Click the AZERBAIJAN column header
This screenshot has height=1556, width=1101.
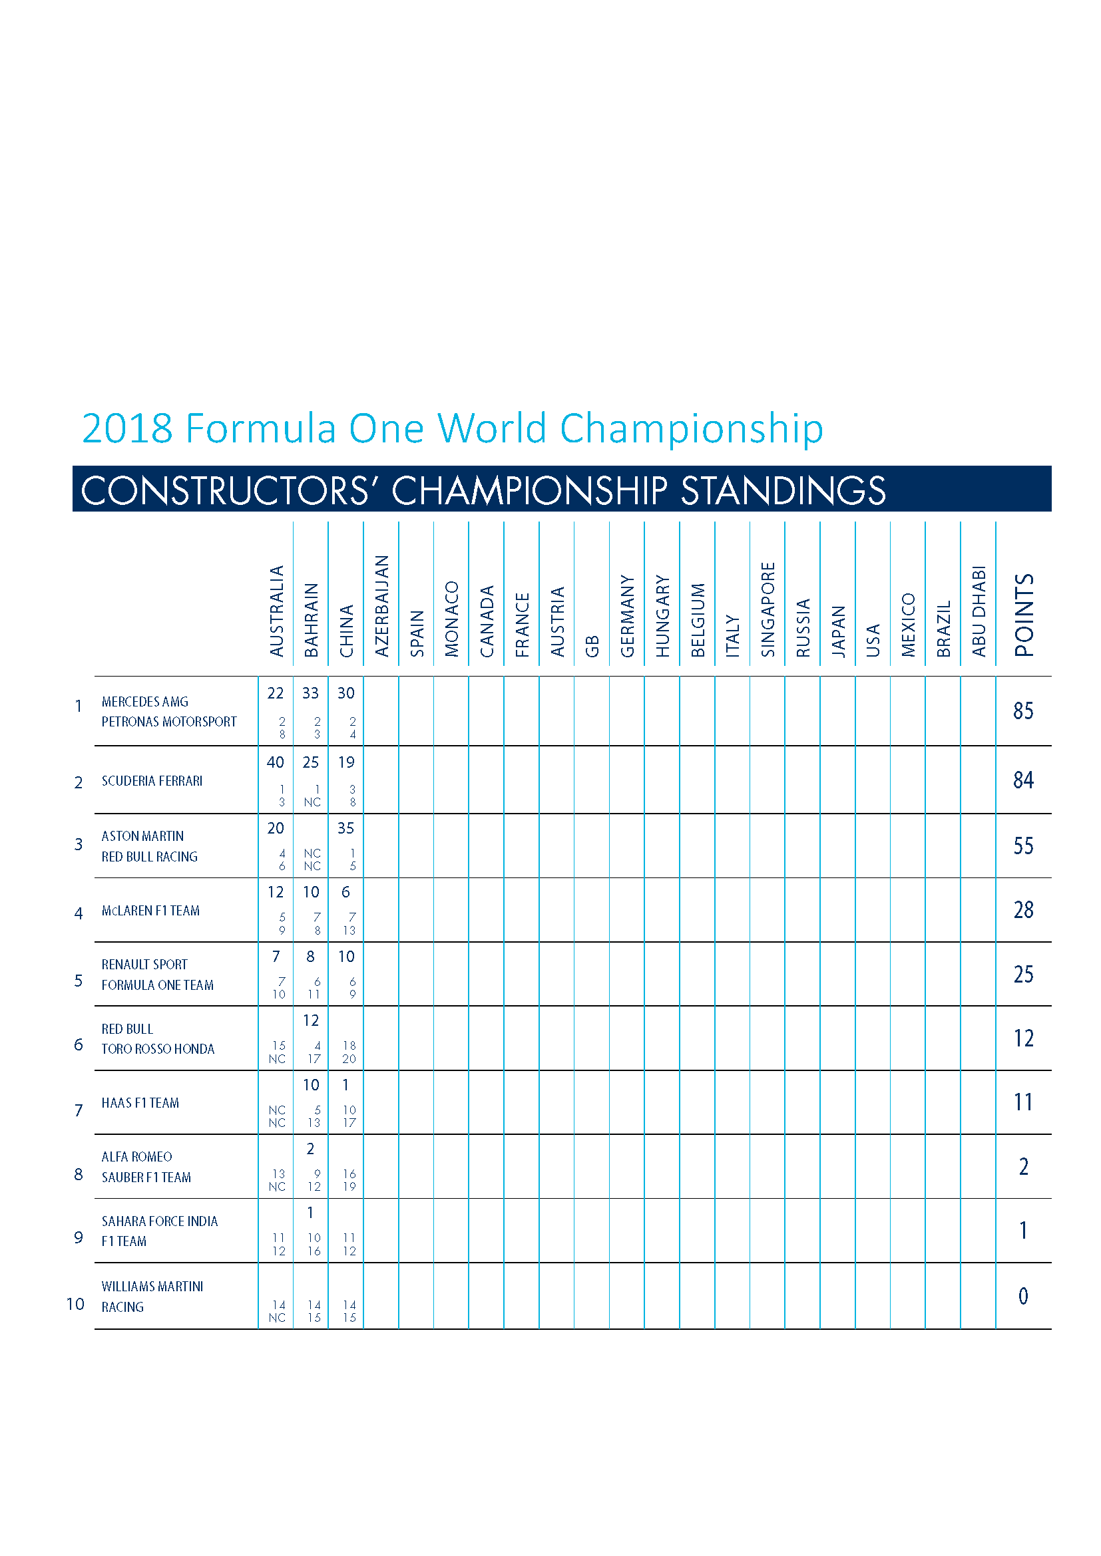[x=381, y=606]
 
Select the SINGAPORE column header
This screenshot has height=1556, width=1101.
[x=768, y=609]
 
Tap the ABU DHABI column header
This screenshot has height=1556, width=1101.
[x=979, y=611]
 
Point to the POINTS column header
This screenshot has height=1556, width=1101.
[x=1024, y=615]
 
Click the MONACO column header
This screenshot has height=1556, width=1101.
[x=451, y=619]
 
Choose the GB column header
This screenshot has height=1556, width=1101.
[x=592, y=647]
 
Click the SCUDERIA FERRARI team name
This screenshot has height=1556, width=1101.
[x=152, y=781]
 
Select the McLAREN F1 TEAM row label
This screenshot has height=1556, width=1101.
[x=150, y=910]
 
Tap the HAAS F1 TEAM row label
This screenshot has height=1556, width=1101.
[x=140, y=1102]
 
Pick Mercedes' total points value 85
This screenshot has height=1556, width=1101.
[x=1023, y=710]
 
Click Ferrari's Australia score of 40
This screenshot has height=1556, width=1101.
[x=276, y=762]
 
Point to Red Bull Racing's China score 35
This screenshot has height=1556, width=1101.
[x=345, y=828]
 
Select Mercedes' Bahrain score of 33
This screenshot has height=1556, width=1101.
[x=310, y=693]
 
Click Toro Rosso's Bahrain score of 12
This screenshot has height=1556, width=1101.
[x=310, y=1020]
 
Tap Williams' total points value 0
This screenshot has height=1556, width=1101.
[x=1023, y=1296]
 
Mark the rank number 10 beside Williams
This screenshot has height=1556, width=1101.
[x=75, y=1304]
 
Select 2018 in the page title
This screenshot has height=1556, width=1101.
[x=127, y=428]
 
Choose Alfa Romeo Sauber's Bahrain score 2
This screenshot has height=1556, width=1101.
[x=310, y=1149]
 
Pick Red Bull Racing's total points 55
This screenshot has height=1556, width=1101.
[x=1023, y=845]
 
